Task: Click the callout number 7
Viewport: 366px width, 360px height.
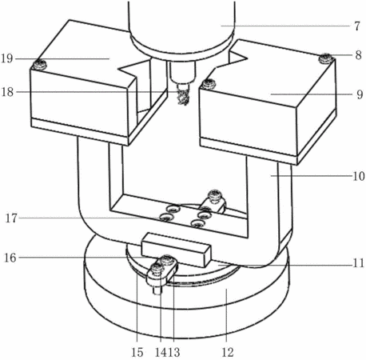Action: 357,26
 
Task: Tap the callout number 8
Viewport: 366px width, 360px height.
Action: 358,55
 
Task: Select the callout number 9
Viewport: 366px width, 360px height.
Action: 360,94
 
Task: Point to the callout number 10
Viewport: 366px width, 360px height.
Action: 359,176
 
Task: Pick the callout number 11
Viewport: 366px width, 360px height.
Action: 359,263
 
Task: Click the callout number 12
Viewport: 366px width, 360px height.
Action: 228,352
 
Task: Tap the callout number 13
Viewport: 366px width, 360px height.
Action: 174,352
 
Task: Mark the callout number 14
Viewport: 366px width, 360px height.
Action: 161,352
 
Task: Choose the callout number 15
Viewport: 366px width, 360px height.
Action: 137,352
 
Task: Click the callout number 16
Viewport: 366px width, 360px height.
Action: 10,258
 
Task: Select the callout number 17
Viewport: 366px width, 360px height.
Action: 11,218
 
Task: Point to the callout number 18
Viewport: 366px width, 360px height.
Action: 7,92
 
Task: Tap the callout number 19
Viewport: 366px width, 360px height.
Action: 7,58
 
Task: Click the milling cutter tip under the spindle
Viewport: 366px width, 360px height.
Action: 183,98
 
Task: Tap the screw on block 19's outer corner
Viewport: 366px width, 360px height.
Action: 39,64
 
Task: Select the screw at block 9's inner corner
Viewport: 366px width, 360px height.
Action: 209,84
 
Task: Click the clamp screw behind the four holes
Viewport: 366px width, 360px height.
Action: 215,195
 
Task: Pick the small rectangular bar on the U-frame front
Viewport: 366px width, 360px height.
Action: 176,250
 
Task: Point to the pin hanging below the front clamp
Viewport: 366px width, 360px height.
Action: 158,289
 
